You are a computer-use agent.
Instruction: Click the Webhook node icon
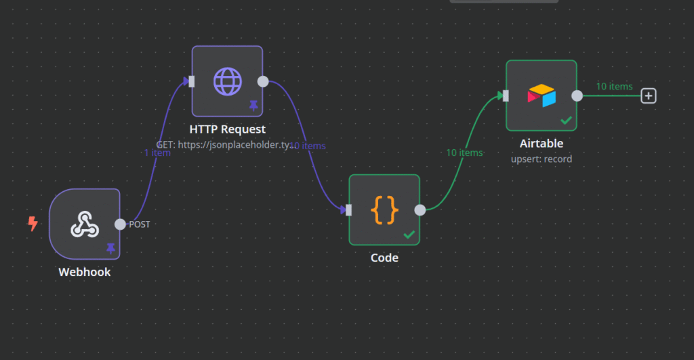coord(85,224)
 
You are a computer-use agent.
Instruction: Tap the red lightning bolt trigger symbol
coord(32,224)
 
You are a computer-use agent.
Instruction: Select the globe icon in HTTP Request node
coord(227,81)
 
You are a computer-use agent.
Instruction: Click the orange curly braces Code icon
coord(384,209)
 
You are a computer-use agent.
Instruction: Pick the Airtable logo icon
coord(542,96)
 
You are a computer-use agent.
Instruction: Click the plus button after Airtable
coord(649,96)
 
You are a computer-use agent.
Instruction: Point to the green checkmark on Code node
coord(409,235)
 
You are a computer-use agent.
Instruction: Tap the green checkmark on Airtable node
coord(566,121)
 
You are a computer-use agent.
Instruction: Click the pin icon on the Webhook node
coord(110,249)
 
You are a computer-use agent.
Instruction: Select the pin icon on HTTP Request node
coord(253,105)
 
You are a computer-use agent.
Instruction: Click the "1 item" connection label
coord(157,153)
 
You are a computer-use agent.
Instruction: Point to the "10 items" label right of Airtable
coord(614,86)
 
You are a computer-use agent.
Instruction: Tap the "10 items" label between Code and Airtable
coord(464,153)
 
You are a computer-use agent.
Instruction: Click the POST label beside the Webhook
coord(140,224)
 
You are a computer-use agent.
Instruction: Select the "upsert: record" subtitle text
coord(542,159)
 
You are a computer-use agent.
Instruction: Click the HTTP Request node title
coord(227,129)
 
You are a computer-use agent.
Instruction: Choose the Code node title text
coord(384,258)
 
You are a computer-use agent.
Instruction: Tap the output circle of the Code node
coord(420,209)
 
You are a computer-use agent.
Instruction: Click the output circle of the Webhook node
coord(120,224)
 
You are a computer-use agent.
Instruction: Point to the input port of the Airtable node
coord(506,96)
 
